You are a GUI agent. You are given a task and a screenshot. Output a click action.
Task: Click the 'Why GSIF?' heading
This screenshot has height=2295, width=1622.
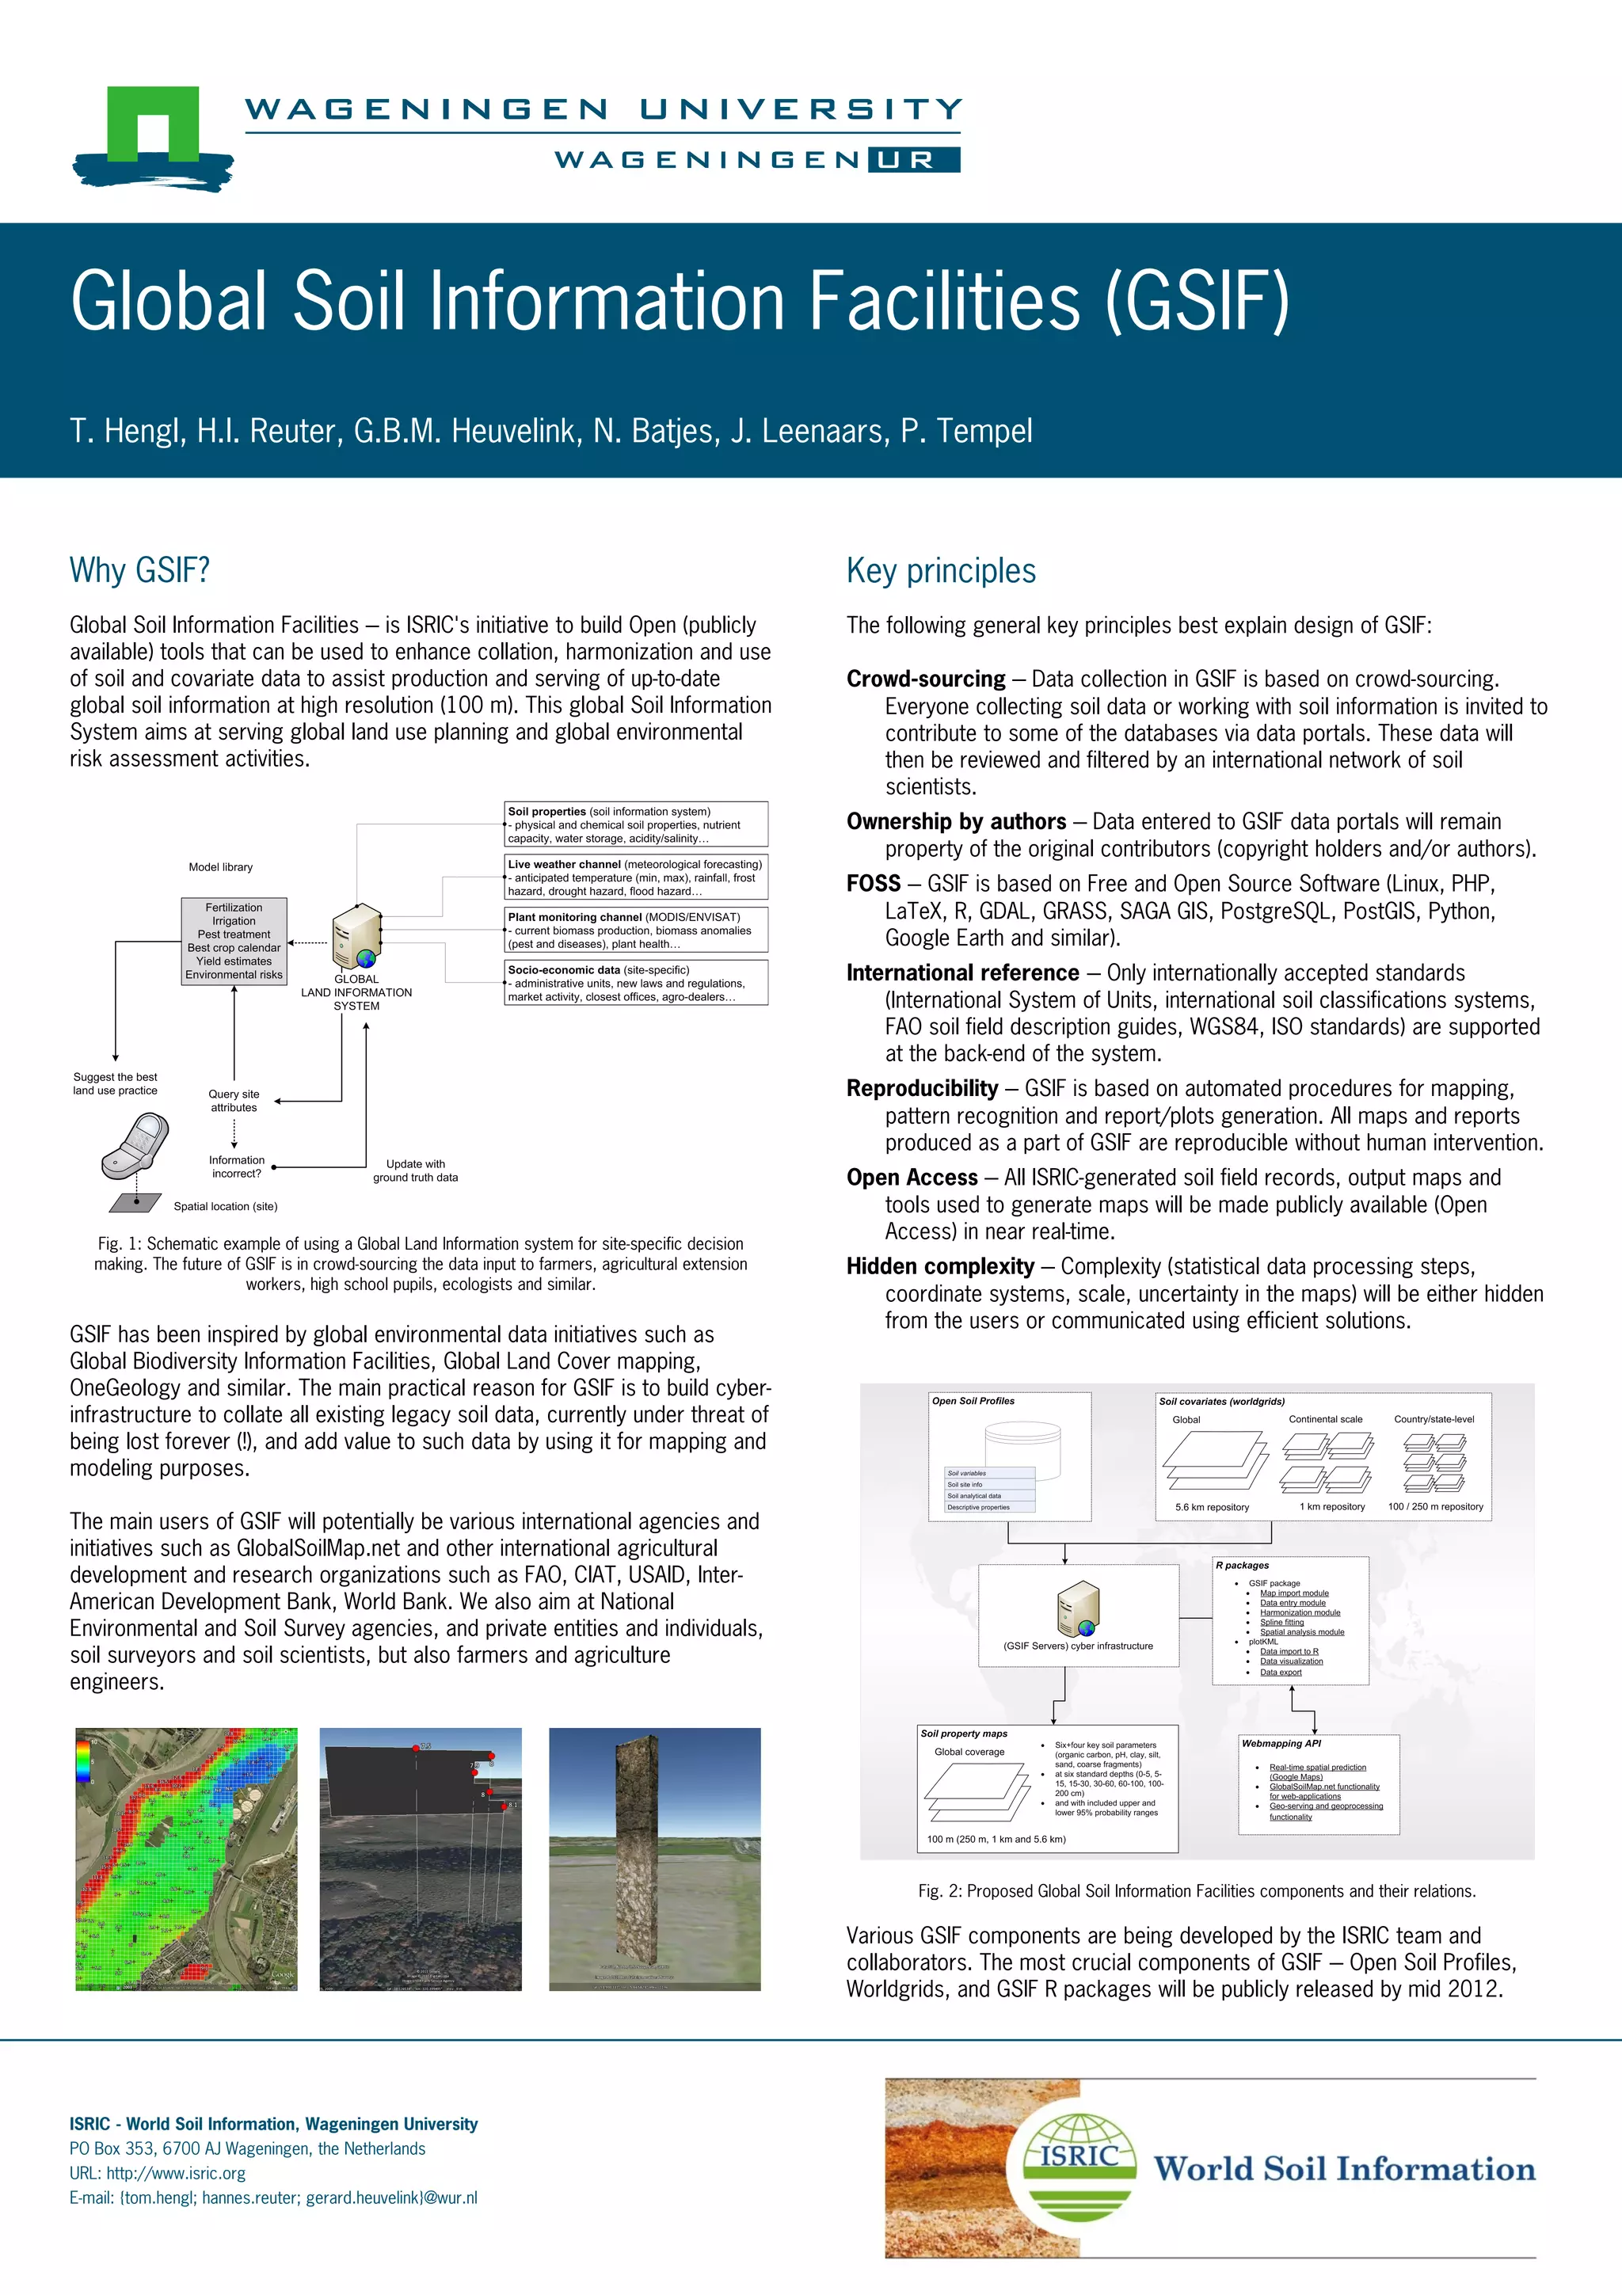click(140, 571)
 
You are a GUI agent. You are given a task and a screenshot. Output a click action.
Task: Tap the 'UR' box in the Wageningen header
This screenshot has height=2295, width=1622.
click(913, 160)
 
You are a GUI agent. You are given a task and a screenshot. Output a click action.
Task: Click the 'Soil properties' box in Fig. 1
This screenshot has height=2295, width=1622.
click(637, 824)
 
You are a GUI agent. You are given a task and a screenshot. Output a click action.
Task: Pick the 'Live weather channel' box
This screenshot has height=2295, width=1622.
click(637, 877)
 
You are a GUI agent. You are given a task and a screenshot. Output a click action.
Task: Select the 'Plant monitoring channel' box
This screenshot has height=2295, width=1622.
click(637, 930)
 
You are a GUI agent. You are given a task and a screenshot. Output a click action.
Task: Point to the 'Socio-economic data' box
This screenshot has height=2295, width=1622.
click(637, 983)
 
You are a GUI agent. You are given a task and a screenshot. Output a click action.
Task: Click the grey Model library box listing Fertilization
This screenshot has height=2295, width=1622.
click(234, 941)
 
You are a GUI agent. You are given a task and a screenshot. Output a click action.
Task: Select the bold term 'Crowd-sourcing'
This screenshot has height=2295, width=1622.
click(925, 679)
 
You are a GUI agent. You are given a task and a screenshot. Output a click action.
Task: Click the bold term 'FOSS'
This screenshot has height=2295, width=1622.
click(874, 884)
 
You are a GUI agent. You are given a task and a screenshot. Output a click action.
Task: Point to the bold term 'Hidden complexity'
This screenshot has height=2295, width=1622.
click(940, 1266)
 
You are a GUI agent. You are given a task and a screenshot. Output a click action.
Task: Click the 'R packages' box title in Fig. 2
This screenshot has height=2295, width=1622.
click(1242, 1566)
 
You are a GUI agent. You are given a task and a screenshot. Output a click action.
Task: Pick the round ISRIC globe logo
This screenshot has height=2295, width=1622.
click(1079, 2165)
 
